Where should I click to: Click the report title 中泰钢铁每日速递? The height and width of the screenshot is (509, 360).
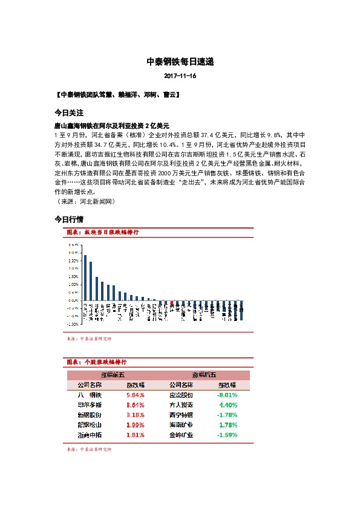180,62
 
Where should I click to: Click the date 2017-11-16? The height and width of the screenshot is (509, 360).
180,77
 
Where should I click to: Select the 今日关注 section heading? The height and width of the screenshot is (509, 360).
68,113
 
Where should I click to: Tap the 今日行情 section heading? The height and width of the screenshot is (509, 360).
68,219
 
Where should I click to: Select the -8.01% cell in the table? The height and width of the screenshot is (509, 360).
227,395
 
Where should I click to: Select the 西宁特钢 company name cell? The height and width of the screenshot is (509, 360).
181,415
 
